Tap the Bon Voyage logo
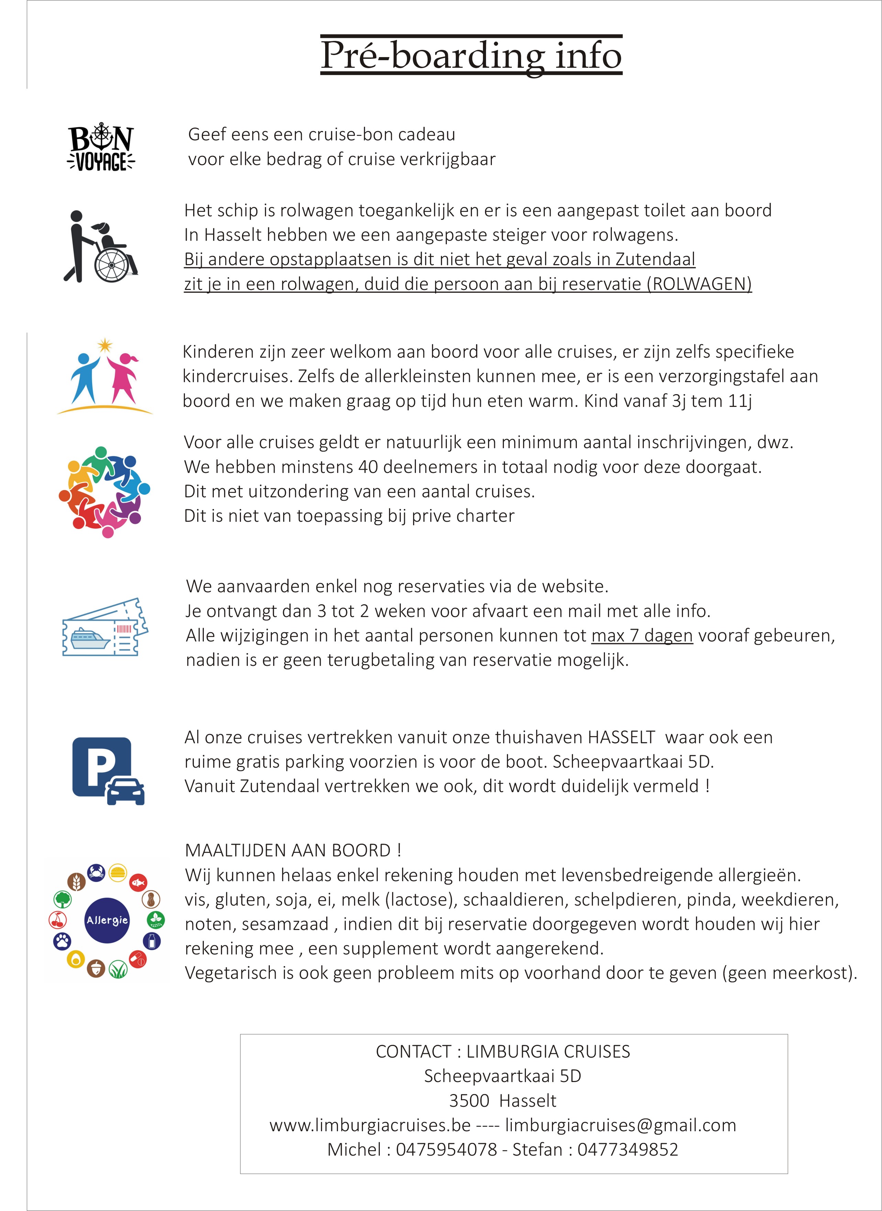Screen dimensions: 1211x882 pyautogui.click(x=101, y=148)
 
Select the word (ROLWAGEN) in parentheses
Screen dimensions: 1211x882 pyautogui.click(x=699, y=284)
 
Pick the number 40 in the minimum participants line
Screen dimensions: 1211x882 pyautogui.click(x=368, y=467)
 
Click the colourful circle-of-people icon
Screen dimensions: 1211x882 pyautogui.click(x=104, y=491)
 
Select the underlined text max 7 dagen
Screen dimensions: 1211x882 pyautogui.click(x=642, y=636)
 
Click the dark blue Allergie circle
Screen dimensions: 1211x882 pyautogui.click(x=107, y=920)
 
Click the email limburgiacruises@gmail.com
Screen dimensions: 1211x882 pyautogui.click(x=620, y=1125)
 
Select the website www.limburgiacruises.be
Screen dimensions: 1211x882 pyautogui.click(x=370, y=1125)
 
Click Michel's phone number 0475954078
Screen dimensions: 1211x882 pyautogui.click(x=446, y=1149)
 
